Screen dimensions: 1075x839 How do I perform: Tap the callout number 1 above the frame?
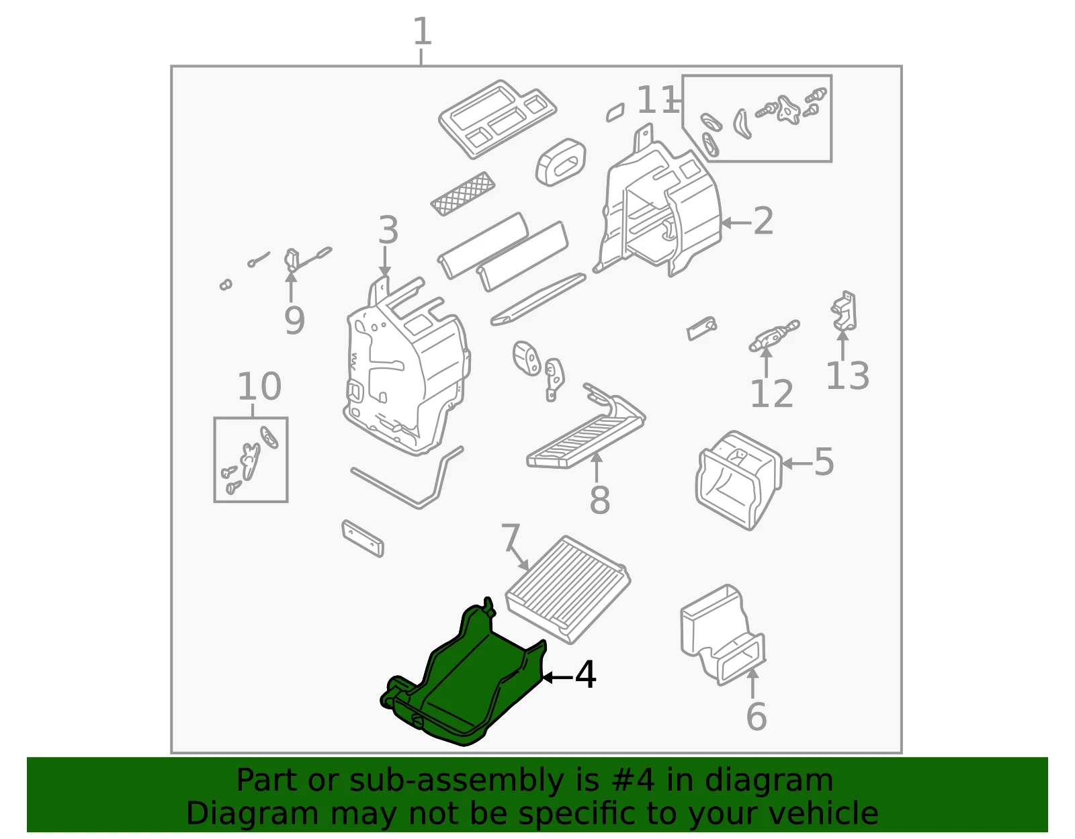(x=422, y=31)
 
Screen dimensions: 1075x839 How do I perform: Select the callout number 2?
(x=763, y=221)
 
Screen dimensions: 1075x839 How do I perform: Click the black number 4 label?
(x=585, y=675)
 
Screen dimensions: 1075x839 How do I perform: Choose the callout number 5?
(x=824, y=462)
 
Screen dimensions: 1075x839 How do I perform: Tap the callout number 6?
(x=756, y=716)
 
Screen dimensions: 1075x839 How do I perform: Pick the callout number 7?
(x=511, y=537)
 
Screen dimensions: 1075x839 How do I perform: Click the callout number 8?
(x=599, y=500)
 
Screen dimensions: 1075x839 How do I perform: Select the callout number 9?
(x=294, y=320)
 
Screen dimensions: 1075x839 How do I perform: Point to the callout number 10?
(x=260, y=386)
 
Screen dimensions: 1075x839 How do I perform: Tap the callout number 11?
(x=658, y=99)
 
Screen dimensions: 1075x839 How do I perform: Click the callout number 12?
(x=771, y=394)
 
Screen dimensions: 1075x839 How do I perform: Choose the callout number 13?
(x=847, y=376)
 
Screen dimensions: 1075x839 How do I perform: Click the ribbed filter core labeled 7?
(x=568, y=589)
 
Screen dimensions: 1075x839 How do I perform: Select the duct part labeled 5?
(x=738, y=480)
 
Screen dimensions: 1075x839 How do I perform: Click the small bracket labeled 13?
(x=844, y=311)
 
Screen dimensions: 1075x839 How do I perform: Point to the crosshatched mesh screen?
(x=462, y=193)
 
